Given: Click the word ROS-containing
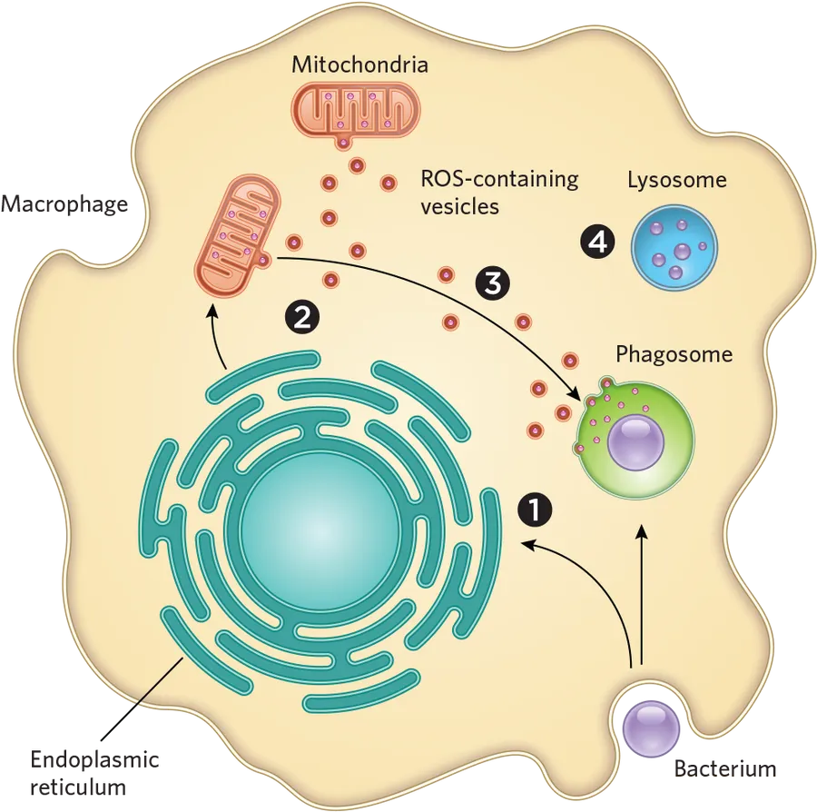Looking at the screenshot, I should click(x=498, y=179).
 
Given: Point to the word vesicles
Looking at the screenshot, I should click(x=459, y=206).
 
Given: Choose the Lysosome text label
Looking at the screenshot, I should click(x=676, y=180).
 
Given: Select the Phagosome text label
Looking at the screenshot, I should click(x=674, y=354).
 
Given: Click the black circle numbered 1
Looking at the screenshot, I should click(x=535, y=510).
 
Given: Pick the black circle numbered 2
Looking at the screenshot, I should click(x=301, y=316).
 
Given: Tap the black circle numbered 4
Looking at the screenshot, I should click(x=597, y=242).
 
